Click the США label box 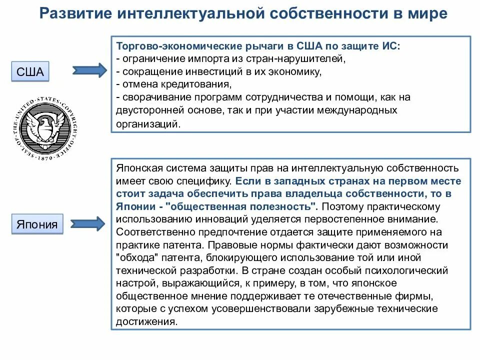pos(30,71)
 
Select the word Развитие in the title pos(74,14)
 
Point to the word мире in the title pos(427,14)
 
